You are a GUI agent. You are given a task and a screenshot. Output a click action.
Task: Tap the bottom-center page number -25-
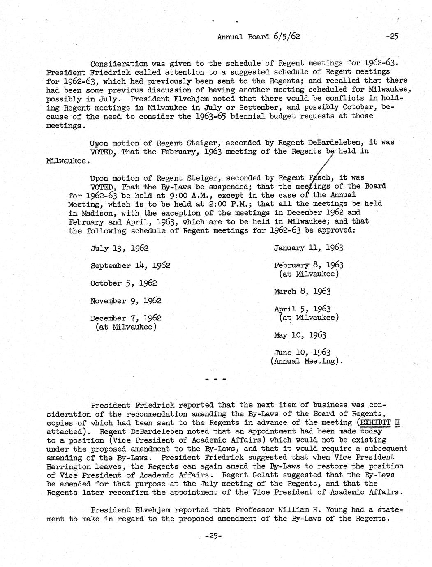point(213,536)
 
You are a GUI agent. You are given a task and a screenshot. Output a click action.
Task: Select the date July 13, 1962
point(119,248)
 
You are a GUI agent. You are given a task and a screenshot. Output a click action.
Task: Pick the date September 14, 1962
point(130,265)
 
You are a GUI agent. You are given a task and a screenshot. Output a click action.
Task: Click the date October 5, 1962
point(123,283)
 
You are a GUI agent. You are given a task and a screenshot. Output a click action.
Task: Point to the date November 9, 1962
point(126,301)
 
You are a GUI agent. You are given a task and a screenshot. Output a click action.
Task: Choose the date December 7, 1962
point(126,318)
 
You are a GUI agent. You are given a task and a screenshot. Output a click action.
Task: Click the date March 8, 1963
point(302,292)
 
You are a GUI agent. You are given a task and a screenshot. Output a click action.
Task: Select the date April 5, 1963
point(302,309)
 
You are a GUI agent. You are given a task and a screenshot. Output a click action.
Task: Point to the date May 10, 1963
point(300,335)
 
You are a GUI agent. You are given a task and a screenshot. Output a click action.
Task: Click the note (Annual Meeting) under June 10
point(306,361)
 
